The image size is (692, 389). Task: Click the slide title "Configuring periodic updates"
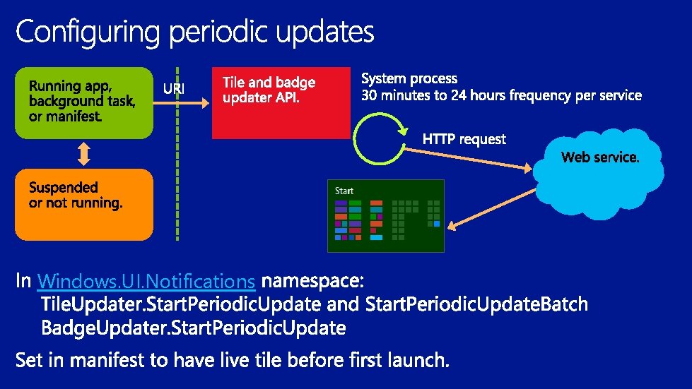tap(194, 32)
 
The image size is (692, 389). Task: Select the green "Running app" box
tap(83, 102)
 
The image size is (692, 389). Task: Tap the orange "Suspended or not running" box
tap(83, 204)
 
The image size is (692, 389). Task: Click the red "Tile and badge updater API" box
tap(281, 103)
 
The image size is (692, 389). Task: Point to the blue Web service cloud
tap(599, 180)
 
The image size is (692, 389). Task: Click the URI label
tap(175, 89)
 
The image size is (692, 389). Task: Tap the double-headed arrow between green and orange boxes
tap(84, 153)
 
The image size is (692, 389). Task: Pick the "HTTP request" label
tap(464, 140)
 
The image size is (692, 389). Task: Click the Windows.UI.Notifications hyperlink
tap(146, 282)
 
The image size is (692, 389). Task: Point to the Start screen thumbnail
tap(385, 216)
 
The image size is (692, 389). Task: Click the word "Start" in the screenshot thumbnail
tap(344, 191)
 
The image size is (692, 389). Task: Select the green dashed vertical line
tap(177, 155)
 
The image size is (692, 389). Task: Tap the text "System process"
tap(409, 79)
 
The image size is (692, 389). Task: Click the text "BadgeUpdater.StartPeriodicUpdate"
tap(194, 328)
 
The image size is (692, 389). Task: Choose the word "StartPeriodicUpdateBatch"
tap(477, 305)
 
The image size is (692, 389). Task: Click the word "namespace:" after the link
tap(312, 282)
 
